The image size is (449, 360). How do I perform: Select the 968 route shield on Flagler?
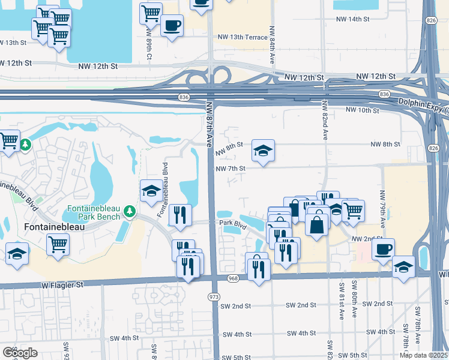[x=234, y=278]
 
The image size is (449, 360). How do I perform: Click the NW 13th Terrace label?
[x=243, y=37]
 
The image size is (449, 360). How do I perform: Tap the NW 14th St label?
[x=352, y=19]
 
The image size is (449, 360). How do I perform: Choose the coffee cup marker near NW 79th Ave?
[x=383, y=248]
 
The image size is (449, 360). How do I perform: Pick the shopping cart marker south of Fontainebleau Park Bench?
[x=58, y=244]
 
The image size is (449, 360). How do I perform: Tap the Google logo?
[x=20, y=352]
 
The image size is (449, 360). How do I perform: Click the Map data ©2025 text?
[x=423, y=355]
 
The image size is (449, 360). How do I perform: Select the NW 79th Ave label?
[x=382, y=209]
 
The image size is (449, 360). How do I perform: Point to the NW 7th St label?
[x=231, y=168]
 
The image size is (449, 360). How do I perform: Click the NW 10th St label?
[x=363, y=110]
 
